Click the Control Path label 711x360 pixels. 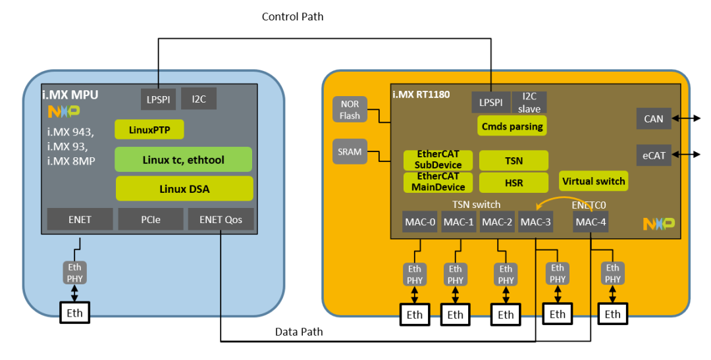point(292,16)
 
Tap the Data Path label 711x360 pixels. point(299,332)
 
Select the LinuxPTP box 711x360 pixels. point(149,130)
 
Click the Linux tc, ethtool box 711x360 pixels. point(184,159)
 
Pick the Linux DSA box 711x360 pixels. point(184,189)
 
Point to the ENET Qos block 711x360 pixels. point(221,219)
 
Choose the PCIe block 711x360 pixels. point(150,219)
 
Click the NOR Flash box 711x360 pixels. point(350,110)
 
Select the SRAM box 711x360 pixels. point(350,151)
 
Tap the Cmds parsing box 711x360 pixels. point(512,126)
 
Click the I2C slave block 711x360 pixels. point(529,103)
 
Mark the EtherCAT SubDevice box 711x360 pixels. point(438,160)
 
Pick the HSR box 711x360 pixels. point(513,182)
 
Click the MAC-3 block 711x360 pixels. point(535,222)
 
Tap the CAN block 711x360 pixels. point(654,118)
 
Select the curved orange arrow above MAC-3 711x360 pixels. point(560,199)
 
